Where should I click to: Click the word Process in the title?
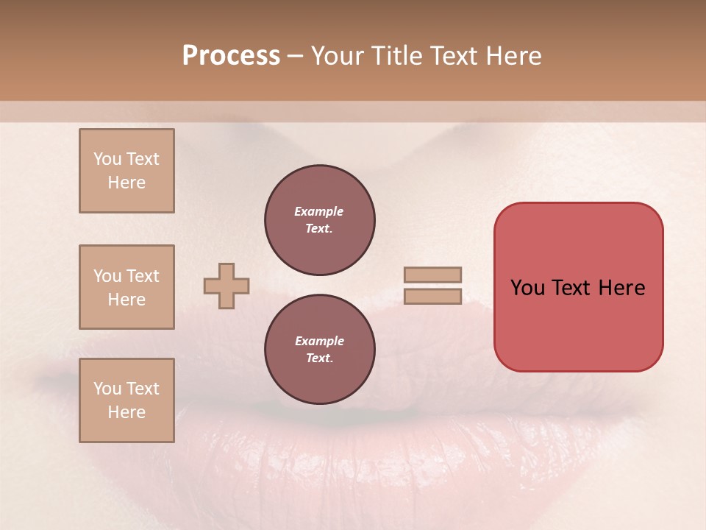(231, 56)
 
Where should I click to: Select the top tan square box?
(126, 171)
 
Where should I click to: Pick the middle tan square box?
(126, 287)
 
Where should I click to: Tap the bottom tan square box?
(126, 400)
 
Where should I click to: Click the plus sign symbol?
(227, 286)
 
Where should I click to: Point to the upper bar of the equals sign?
(433, 275)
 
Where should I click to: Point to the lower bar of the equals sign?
(433, 296)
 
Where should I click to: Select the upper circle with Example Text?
(319, 219)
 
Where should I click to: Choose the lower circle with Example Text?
(319, 349)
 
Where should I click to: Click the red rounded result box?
(578, 287)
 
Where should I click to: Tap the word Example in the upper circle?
(319, 211)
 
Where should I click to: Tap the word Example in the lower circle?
(319, 341)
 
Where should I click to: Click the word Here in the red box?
(621, 288)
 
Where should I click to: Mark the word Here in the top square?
(126, 183)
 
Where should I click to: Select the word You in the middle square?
(107, 276)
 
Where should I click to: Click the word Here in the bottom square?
(126, 412)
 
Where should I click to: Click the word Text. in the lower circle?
(319, 358)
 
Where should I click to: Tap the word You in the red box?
(528, 288)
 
